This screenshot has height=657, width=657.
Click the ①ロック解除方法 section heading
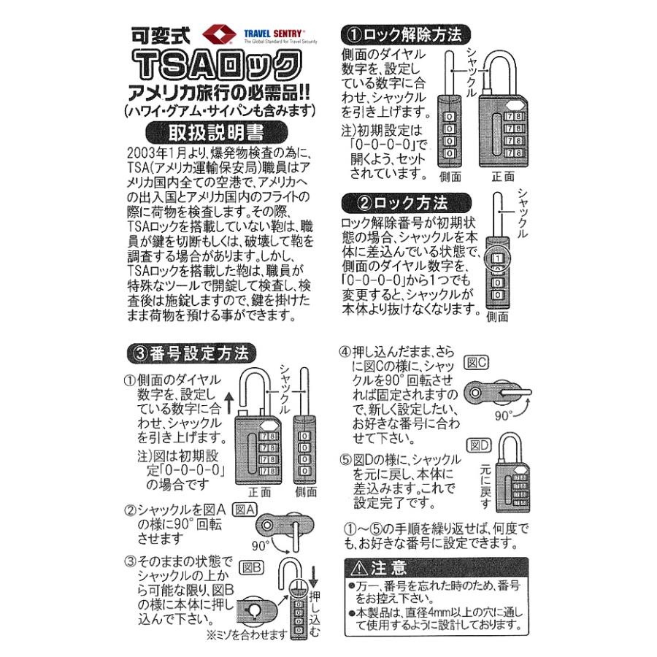point(406,34)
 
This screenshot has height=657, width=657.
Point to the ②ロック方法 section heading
point(396,200)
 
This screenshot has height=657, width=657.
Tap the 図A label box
point(243,509)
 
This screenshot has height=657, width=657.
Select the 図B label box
point(252,565)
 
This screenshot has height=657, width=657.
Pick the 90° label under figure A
point(262,545)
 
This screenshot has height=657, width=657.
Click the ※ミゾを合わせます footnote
point(247,634)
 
